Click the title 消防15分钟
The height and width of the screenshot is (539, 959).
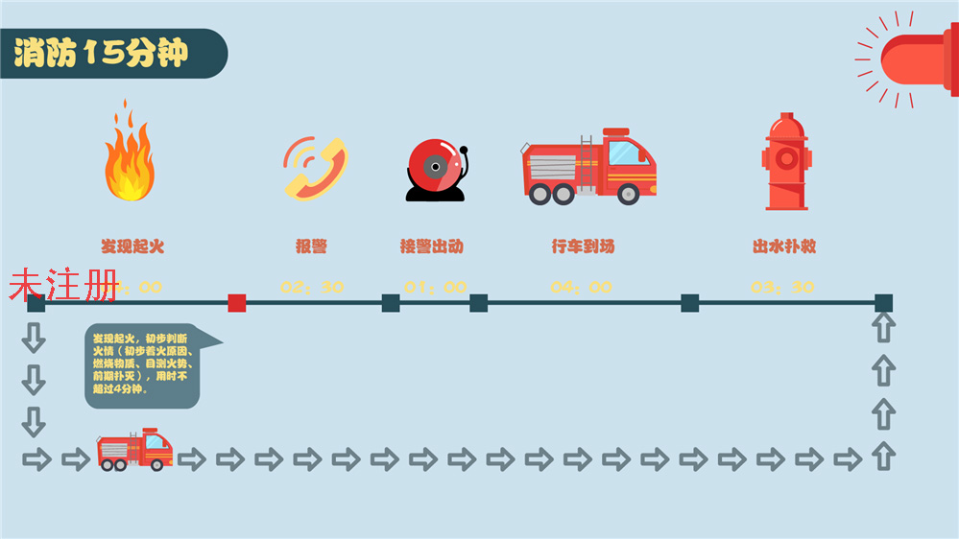coord(101,54)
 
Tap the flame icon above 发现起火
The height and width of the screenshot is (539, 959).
coord(129,153)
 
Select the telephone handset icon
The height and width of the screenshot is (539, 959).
coord(313,168)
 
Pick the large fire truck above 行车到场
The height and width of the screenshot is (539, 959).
coord(589,167)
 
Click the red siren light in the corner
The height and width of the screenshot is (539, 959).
coord(917,59)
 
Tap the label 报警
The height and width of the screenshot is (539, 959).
coord(312,246)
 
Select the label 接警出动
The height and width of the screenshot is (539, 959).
coord(432,246)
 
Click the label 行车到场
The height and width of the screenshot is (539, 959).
coord(583,246)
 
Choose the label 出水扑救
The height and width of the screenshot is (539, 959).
coord(784,246)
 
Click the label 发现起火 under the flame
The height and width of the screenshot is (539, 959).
coord(132,246)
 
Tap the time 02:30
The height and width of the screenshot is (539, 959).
coord(312,287)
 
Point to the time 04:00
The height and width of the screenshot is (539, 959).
coord(581,287)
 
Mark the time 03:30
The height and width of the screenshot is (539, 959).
coord(782,287)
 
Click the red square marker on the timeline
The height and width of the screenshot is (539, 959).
coord(237,303)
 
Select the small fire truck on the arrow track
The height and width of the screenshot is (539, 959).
coord(135,450)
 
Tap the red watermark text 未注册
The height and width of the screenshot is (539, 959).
coord(63,286)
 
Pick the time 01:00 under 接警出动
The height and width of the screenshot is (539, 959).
coord(435,287)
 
